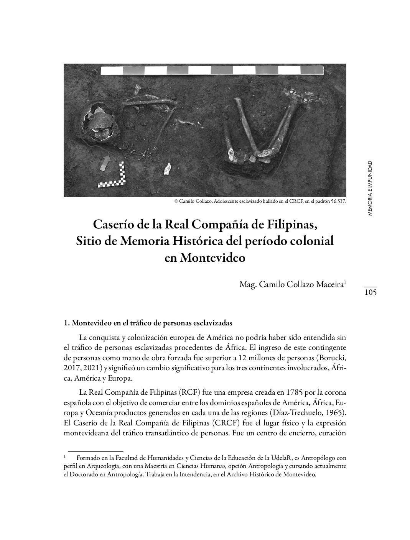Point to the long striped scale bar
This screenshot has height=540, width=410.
(x=212, y=71)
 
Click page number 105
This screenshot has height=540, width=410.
(x=370, y=292)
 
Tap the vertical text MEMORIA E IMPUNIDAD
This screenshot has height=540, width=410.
(x=369, y=188)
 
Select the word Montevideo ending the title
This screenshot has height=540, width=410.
(x=205, y=258)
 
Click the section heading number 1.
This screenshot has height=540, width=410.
(x=66, y=323)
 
